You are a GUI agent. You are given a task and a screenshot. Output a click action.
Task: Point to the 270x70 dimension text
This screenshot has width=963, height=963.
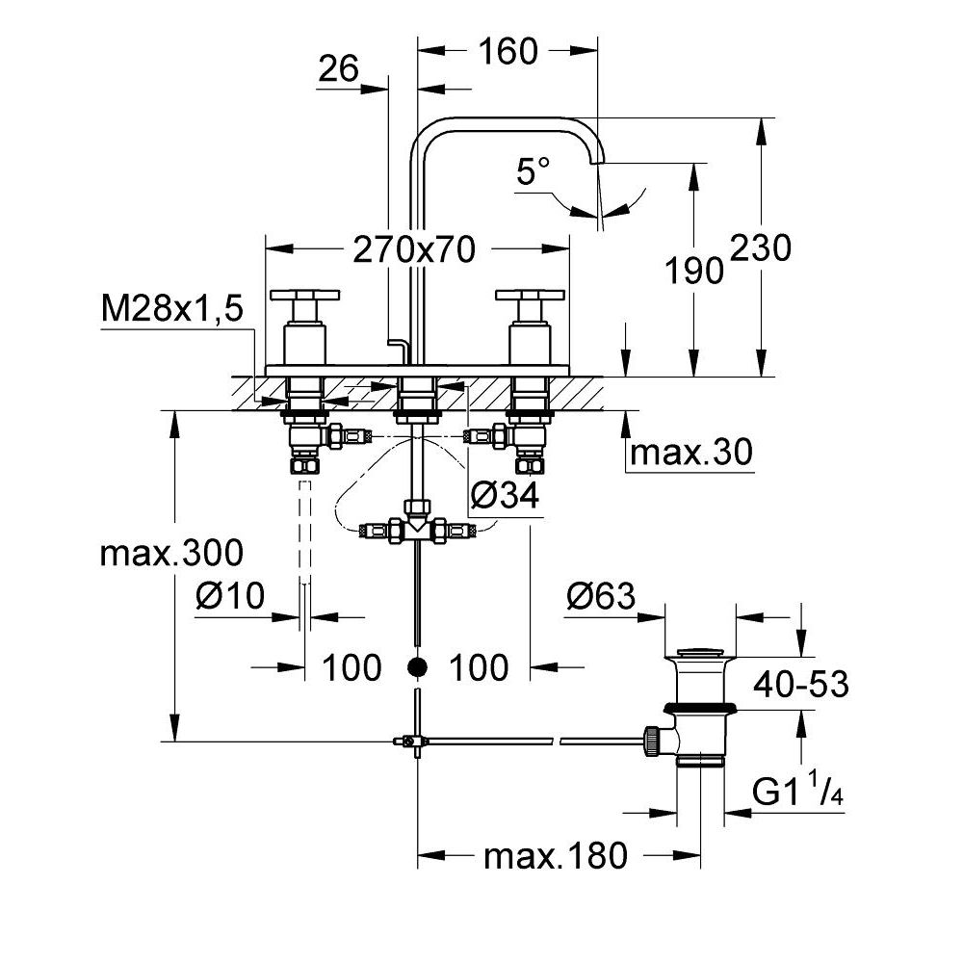[x=414, y=250]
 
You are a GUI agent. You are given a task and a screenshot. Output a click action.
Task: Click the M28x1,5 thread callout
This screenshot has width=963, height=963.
[x=171, y=310]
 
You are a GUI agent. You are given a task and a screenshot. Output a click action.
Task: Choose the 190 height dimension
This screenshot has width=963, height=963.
[x=694, y=272]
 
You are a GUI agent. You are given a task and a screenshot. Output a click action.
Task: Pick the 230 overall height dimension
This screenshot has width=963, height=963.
[x=761, y=248]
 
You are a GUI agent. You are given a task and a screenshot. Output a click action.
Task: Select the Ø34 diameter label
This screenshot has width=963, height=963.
[x=504, y=496]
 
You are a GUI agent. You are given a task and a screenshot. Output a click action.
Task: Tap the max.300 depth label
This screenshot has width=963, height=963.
[x=172, y=554]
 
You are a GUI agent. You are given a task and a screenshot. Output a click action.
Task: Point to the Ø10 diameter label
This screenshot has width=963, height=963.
[x=229, y=597]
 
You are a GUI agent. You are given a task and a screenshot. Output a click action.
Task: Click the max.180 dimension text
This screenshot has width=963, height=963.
[x=556, y=854]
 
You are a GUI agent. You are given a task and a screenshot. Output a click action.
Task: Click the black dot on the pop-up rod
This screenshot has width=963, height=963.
[x=417, y=666]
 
